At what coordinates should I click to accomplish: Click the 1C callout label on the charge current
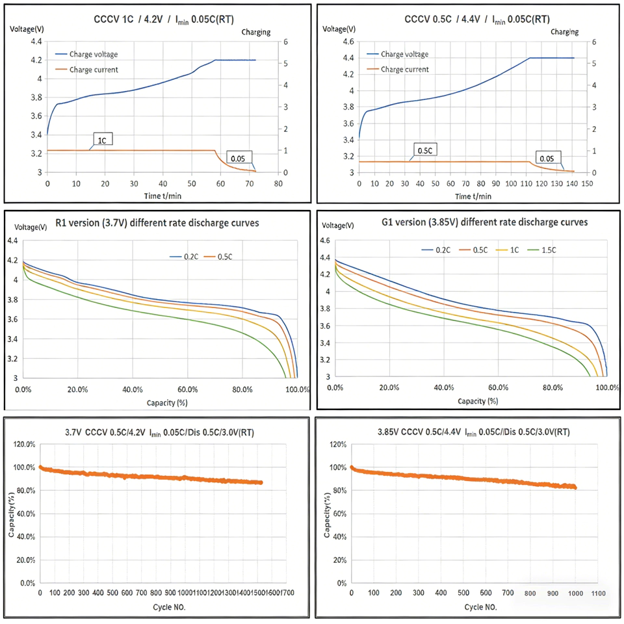pyautogui.click(x=102, y=140)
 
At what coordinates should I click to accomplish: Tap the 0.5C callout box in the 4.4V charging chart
pyautogui.click(x=425, y=151)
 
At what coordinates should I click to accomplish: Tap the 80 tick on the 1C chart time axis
pyautogui.click(x=278, y=184)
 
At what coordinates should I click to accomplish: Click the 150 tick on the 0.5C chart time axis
pyautogui.click(x=587, y=184)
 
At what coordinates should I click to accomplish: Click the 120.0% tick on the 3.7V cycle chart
pyautogui.click(x=23, y=445)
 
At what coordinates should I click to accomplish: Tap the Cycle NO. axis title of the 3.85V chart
pyautogui.click(x=481, y=606)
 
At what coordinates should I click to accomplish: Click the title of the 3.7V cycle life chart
pyautogui.click(x=160, y=432)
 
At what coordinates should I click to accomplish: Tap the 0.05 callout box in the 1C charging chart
pyautogui.click(x=238, y=156)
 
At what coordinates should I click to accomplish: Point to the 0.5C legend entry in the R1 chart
pyautogui.click(x=226, y=257)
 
